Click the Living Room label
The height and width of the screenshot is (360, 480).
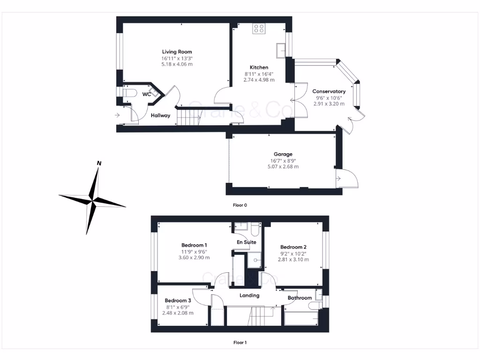click(x=177, y=52)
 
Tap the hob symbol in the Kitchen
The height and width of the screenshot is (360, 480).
click(x=259, y=29)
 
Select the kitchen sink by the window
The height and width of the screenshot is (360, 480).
click(x=281, y=50)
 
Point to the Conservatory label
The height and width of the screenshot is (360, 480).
click(x=329, y=91)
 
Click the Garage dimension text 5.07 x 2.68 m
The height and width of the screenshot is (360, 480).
click(x=283, y=166)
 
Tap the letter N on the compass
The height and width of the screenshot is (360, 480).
click(x=99, y=163)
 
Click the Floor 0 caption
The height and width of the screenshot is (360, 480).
click(x=240, y=205)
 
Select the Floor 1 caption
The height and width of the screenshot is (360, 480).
click(x=240, y=343)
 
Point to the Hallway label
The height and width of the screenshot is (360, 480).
click(x=160, y=116)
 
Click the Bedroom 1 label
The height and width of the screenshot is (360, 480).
click(x=194, y=245)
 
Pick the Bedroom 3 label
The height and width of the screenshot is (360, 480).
click(x=178, y=300)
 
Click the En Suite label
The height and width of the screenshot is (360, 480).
click(x=246, y=242)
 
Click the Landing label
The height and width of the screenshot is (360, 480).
click(x=249, y=295)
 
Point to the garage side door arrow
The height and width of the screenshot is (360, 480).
click(x=338, y=178)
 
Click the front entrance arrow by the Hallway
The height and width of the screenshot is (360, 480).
click(x=117, y=115)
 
